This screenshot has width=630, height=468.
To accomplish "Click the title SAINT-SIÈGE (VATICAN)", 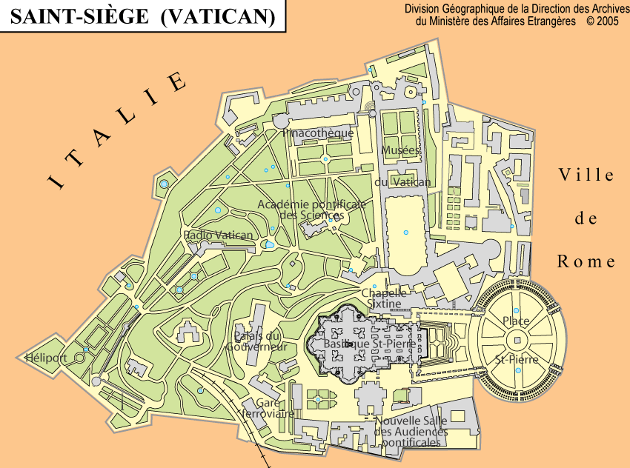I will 142,16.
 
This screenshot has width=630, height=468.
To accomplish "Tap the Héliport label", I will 46,358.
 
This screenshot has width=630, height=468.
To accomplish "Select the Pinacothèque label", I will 318,133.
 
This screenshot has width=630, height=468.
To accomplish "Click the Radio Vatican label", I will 219,235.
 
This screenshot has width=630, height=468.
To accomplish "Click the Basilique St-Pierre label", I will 368,344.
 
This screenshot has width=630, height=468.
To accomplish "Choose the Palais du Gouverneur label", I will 256,341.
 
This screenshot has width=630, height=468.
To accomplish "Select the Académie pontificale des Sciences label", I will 312,210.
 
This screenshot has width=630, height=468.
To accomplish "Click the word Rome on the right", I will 586,261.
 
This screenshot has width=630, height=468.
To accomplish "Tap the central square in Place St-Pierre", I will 517,341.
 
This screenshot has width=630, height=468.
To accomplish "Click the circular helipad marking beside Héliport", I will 79,359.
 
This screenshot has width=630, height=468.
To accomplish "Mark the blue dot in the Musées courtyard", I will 405,233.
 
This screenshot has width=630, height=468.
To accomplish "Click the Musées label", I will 401,150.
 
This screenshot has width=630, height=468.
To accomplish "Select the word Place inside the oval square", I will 516,321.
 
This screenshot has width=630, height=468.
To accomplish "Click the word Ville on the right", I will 586,175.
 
